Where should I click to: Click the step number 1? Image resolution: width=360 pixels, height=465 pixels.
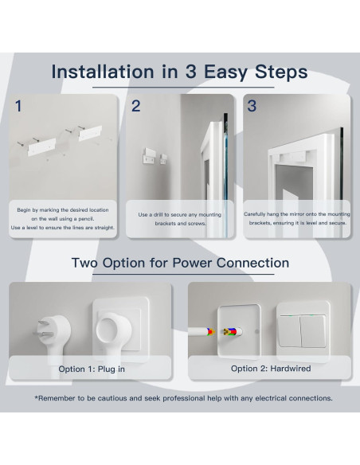point(18,106)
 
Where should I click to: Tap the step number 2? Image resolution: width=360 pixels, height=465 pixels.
point(136,106)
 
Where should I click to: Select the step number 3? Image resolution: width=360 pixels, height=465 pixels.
point(252,106)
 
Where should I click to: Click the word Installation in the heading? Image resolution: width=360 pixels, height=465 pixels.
point(103,72)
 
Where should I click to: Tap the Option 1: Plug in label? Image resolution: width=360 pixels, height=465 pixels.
point(92,369)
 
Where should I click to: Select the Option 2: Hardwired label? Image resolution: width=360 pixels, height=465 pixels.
point(271,369)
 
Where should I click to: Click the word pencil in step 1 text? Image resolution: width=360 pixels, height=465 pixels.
point(86,219)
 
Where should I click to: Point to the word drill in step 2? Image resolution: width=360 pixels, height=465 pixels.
point(158,214)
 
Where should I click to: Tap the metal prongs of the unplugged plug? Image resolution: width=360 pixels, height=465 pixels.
point(43,329)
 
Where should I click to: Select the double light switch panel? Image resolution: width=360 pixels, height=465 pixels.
point(303,330)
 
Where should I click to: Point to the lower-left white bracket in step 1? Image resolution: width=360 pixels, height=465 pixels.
point(41,147)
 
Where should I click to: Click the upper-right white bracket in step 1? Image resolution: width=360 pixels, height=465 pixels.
point(90,133)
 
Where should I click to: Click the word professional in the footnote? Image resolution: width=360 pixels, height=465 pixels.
point(184,398)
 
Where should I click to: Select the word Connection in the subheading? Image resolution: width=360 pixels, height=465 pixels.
point(252,263)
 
